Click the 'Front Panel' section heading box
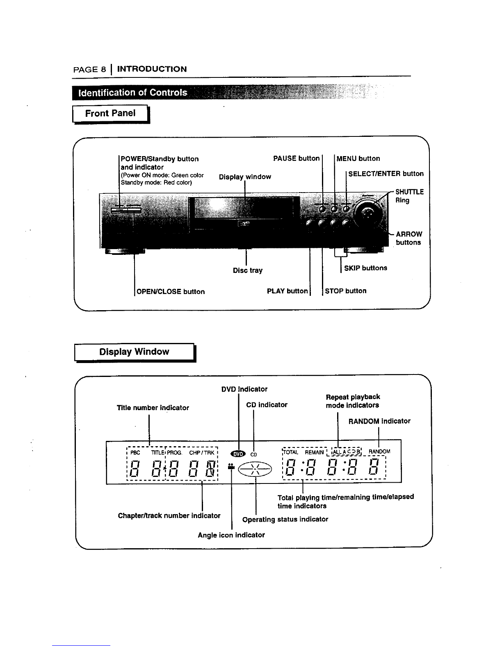pyautogui.click(x=110, y=113)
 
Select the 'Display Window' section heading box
pyautogui.click(x=134, y=352)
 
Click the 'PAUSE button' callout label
pyautogui.click(x=296, y=159)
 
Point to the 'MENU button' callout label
pyautogui.click(x=358, y=159)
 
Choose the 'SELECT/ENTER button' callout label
pyautogui.click(x=386, y=174)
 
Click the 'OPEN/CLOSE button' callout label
pyautogui.click(x=170, y=292)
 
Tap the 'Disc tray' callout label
pyautogui.click(x=248, y=270)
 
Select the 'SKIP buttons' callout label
pyautogui.click(x=365, y=268)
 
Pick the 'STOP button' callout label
pyautogui.click(x=346, y=291)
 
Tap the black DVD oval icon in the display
pyautogui.click(x=238, y=454)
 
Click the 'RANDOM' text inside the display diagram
pyautogui.click(x=379, y=452)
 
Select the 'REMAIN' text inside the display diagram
pyautogui.click(x=314, y=452)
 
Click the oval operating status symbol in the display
pyautogui.click(x=255, y=469)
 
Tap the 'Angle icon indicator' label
pyautogui.click(x=231, y=535)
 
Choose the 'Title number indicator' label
pyautogui.click(x=153, y=408)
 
